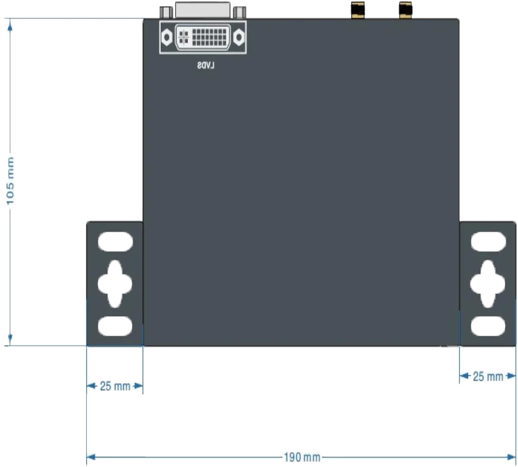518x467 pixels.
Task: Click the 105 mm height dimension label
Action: pos(11,181)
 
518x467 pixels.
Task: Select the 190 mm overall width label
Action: pos(302,458)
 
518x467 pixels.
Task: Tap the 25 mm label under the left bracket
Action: pos(115,386)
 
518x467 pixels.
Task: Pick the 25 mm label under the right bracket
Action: pos(488,377)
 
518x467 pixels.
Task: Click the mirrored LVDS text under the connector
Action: pos(206,65)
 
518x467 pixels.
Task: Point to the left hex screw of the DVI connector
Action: pos(167,37)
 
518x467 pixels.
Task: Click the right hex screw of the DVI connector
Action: pos(239,37)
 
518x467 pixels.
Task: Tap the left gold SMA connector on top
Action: pos(357,10)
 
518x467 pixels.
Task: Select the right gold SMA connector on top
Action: pos(405,10)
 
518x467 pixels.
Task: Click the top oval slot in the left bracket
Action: pos(116,242)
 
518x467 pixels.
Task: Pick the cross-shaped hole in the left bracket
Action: pos(115,284)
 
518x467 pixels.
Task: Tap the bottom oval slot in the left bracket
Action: pos(115,326)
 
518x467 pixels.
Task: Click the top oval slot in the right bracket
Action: pos(488,242)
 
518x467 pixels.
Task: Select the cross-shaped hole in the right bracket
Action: pos(487,284)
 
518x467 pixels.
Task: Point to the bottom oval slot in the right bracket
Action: pos(488,326)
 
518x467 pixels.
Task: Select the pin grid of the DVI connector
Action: pos(209,37)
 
